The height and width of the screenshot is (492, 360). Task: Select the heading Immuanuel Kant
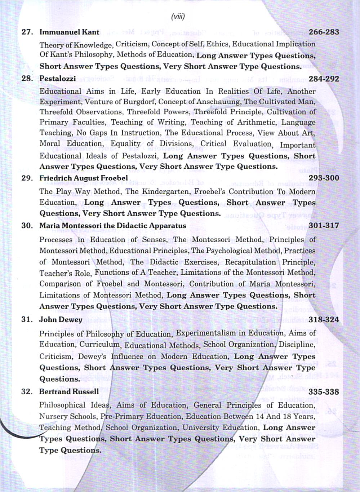coord(69,32)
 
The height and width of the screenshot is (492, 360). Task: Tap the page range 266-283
coord(324,32)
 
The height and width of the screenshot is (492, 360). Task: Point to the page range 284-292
coord(324,79)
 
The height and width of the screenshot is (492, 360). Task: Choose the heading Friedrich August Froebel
coord(83,178)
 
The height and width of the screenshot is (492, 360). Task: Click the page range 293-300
coord(324,178)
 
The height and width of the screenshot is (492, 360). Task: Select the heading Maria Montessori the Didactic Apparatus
coord(112,226)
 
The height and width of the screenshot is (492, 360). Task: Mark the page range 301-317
coord(324,226)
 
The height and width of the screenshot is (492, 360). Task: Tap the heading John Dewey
coord(61,320)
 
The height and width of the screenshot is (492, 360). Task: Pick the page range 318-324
coord(324,319)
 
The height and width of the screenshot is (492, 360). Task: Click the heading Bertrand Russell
coord(69,392)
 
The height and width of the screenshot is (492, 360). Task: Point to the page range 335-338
coord(324,392)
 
